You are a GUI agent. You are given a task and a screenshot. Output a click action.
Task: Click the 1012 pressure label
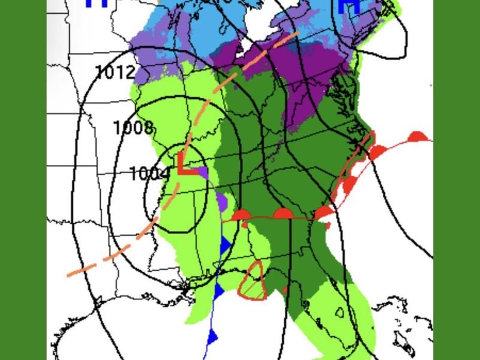(x=115, y=73)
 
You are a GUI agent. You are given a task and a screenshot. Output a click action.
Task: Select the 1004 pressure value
(x=149, y=173)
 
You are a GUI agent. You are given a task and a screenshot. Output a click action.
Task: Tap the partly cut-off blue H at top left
(x=96, y=4)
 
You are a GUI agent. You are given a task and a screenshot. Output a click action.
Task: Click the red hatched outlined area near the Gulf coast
(x=253, y=280)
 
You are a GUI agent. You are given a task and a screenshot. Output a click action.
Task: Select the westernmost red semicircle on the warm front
(x=241, y=215)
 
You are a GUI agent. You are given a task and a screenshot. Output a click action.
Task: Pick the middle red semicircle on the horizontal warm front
(x=283, y=213)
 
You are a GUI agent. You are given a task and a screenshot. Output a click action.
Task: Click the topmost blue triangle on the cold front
(x=226, y=245)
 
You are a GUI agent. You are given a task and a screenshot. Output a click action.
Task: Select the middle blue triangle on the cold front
(x=219, y=290)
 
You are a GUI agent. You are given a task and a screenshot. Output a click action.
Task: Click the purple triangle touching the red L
(x=203, y=173)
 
